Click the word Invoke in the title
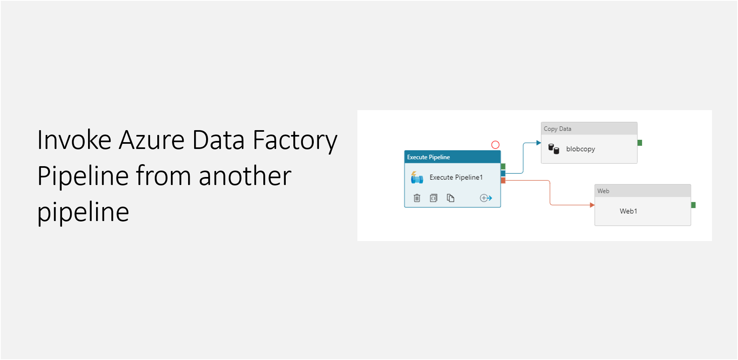pos(74,140)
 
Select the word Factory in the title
pos(295,141)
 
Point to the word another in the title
pos(245,176)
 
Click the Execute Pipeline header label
pos(428,157)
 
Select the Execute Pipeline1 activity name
pos(456,177)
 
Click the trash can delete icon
pos(417,198)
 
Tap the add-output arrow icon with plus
pos(485,198)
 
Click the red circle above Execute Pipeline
pos(495,145)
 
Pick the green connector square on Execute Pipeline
pos(503,166)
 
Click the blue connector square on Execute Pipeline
pos(503,173)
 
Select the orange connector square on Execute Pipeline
pos(503,181)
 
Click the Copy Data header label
pos(557,129)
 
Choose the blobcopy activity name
pos(580,149)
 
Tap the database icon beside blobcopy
pos(553,149)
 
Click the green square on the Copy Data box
pos(640,143)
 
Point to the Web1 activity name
pos(628,211)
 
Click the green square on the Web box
pos(693,205)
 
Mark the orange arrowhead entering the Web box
pos(592,205)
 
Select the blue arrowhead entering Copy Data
pos(538,143)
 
